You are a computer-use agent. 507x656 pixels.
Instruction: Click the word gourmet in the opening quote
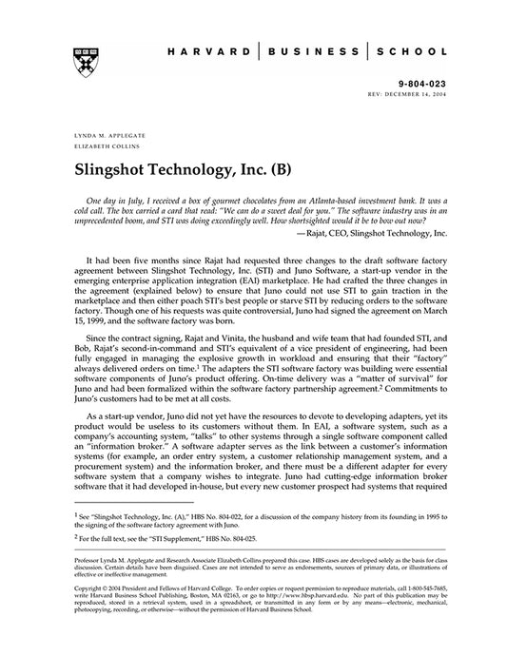257,204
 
